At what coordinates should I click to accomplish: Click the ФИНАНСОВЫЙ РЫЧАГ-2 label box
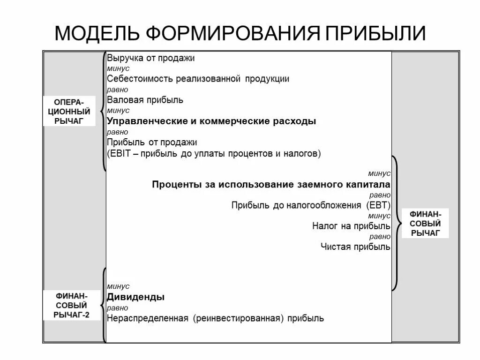coord(72,306)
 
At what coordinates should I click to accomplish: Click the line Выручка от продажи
coord(150,59)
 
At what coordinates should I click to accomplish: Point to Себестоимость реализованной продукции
coord(198,79)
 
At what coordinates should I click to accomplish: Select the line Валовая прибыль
coord(145,100)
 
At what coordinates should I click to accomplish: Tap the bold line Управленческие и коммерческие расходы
coord(211,121)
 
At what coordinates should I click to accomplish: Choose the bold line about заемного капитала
coord(271,184)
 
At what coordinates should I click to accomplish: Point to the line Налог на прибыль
coord(351,226)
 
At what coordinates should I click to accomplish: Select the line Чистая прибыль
coord(355,247)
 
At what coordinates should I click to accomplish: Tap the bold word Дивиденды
coord(135,297)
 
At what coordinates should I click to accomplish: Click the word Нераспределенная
coord(147,318)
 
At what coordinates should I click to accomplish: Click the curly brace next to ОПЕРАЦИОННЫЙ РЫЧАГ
coord(103,112)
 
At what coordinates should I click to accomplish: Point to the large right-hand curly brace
coord(395,223)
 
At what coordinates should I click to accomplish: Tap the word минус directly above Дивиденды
coord(118,286)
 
